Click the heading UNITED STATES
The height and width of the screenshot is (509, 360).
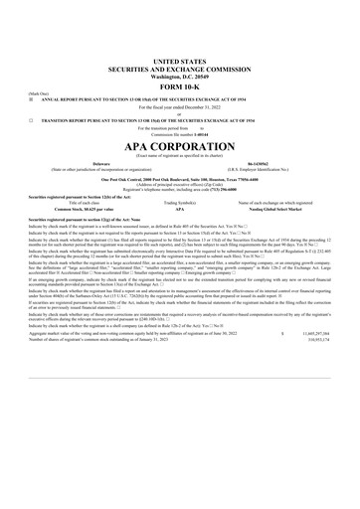(180, 33)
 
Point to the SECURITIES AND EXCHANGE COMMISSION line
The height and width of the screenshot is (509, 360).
(180, 41)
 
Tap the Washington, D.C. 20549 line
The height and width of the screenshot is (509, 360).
(180, 48)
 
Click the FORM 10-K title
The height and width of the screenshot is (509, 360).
(180, 59)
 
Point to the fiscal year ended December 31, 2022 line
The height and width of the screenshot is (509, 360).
(180, 80)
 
